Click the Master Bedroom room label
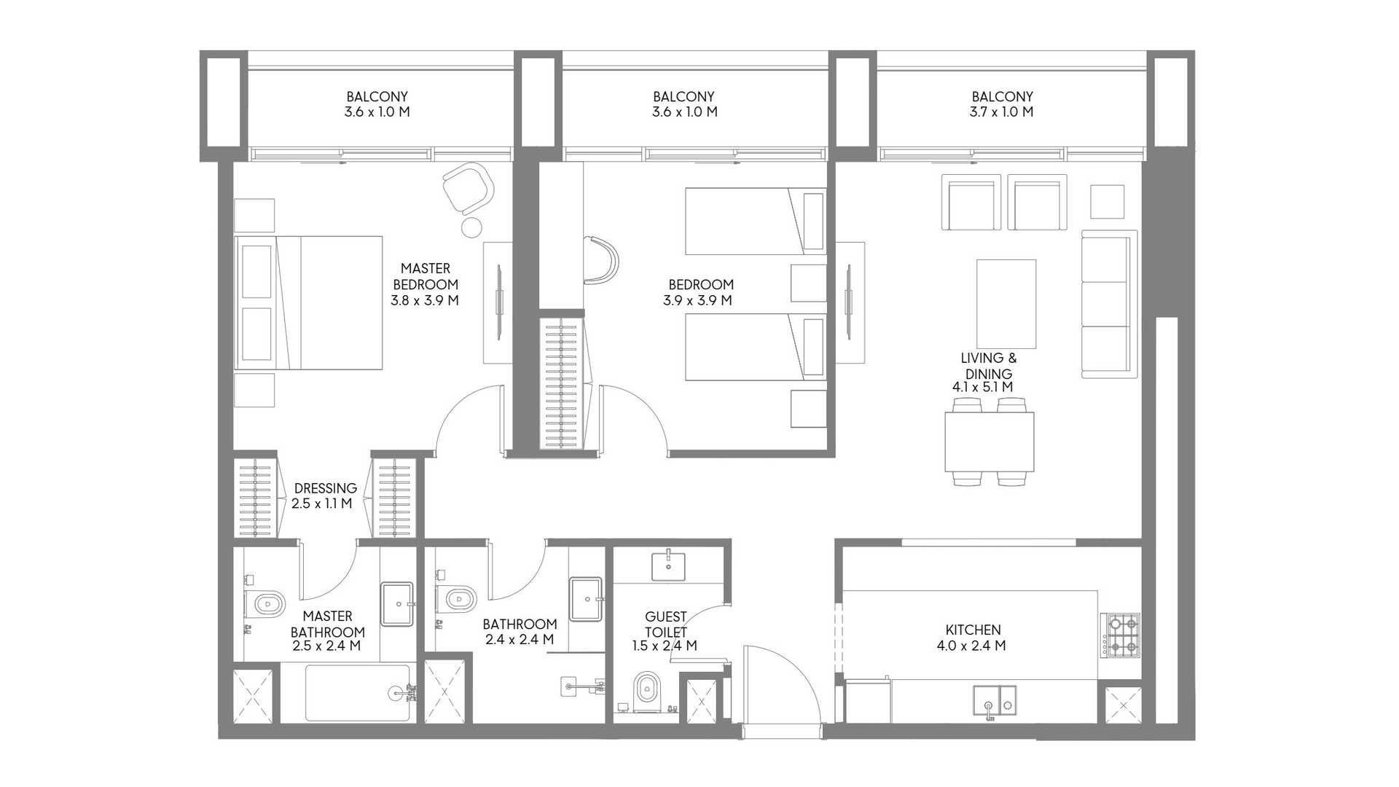(426, 276)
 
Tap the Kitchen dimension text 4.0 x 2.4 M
(972, 646)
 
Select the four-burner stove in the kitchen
(1122, 635)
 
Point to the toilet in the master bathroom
(266, 603)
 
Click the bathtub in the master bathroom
(358, 692)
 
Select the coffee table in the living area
(1006, 304)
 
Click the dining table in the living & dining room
(989, 442)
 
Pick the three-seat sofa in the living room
(1109, 304)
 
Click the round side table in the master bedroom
(472, 227)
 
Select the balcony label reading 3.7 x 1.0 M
(1001, 111)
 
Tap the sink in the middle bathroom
(587, 600)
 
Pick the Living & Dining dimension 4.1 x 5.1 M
(982, 388)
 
